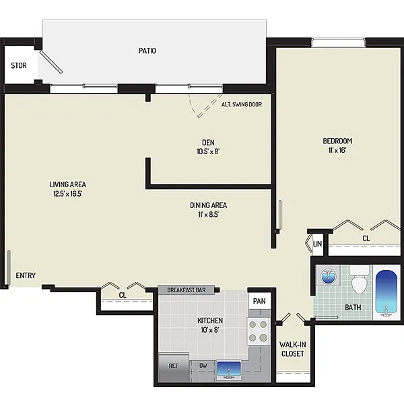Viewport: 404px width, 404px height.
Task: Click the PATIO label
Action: [147, 50]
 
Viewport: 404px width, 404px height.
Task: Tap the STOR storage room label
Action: [19, 65]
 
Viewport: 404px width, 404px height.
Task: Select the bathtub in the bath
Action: [386, 293]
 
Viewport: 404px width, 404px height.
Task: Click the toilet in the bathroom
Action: [359, 279]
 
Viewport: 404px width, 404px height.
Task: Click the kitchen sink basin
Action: [229, 370]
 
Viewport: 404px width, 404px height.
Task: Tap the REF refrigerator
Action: [174, 367]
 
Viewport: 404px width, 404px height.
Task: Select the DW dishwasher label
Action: [203, 366]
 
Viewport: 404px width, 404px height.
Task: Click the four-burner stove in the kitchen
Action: [258, 331]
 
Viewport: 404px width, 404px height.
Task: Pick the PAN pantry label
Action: [259, 301]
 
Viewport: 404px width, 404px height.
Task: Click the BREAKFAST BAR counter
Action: [187, 290]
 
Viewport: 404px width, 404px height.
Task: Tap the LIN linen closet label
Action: [317, 244]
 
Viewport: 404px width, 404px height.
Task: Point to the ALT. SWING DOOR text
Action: [242, 104]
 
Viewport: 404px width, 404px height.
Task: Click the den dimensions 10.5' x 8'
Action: [208, 151]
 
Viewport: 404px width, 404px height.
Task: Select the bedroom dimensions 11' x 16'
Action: [337, 150]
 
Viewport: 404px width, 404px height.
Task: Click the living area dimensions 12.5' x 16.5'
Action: [68, 193]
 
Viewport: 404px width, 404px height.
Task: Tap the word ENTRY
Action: [26, 275]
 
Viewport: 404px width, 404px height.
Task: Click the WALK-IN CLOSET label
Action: [293, 349]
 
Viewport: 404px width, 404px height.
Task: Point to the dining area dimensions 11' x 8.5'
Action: [209, 214]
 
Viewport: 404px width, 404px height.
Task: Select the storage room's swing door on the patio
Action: [50, 62]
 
